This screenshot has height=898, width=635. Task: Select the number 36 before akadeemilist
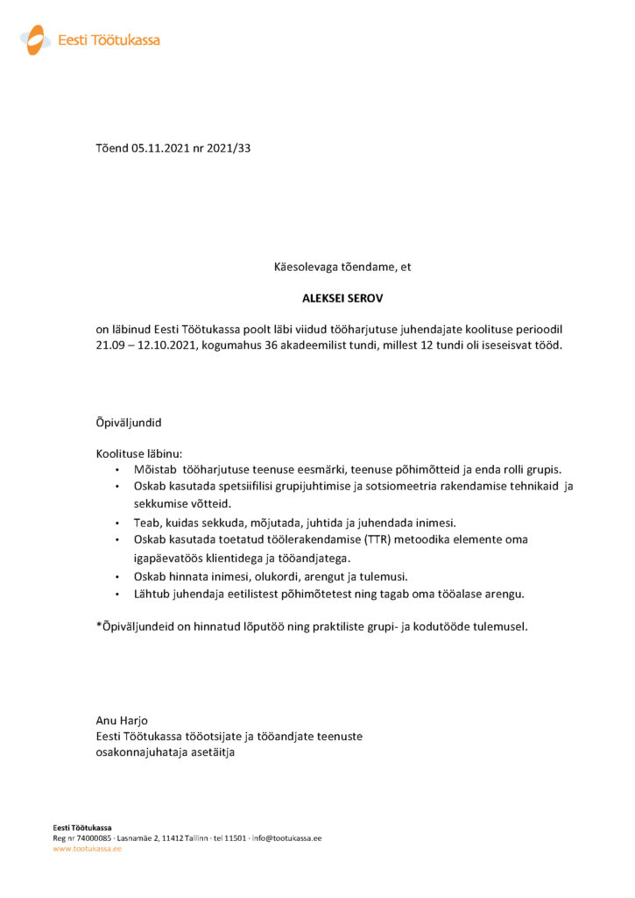pos(284,345)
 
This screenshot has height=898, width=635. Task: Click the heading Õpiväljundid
pos(129,423)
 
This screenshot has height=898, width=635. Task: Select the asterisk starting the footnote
pos(99,626)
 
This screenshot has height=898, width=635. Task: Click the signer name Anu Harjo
pos(123,721)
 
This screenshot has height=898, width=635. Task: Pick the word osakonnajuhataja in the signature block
pos(141,752)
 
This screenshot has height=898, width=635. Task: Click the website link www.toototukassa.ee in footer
pos(87,849)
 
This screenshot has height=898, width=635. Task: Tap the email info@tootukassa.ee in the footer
pos(286,838)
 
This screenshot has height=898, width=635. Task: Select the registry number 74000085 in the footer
pos(92,838)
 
